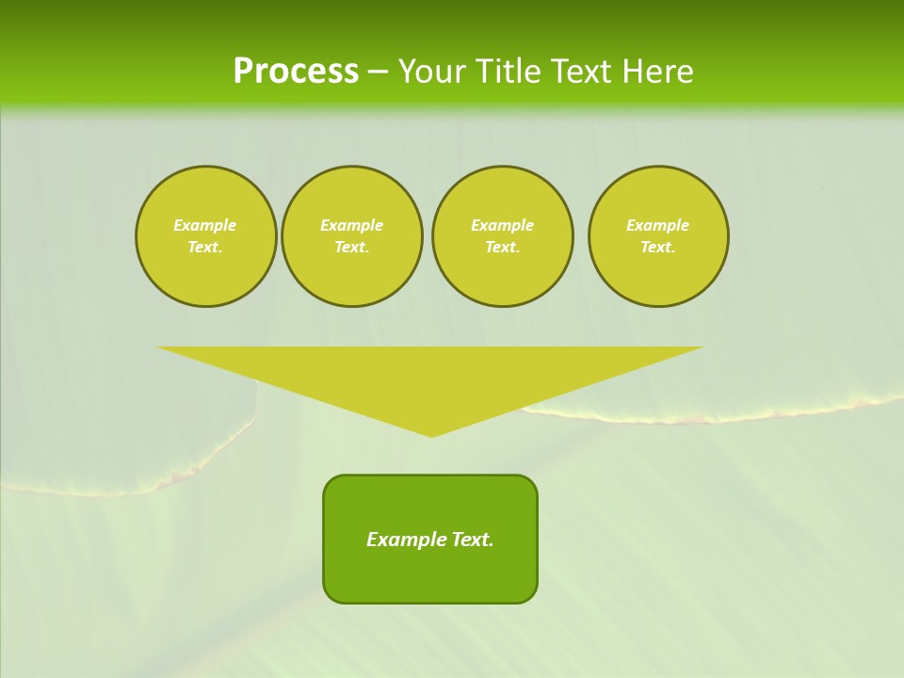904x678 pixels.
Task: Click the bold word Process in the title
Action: [x=296, y=72]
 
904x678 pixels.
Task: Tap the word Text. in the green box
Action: [x=473, y=540]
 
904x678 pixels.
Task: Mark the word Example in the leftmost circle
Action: [x=205, y=225]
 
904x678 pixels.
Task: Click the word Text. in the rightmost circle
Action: [x=657, y=248]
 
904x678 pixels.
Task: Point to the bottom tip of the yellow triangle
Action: [x=431, y=434]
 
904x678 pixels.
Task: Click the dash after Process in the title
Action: [x=378, y=72]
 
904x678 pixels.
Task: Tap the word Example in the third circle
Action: [x=502, y=225]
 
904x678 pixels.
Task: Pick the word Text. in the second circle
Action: [x=351, y=248]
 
